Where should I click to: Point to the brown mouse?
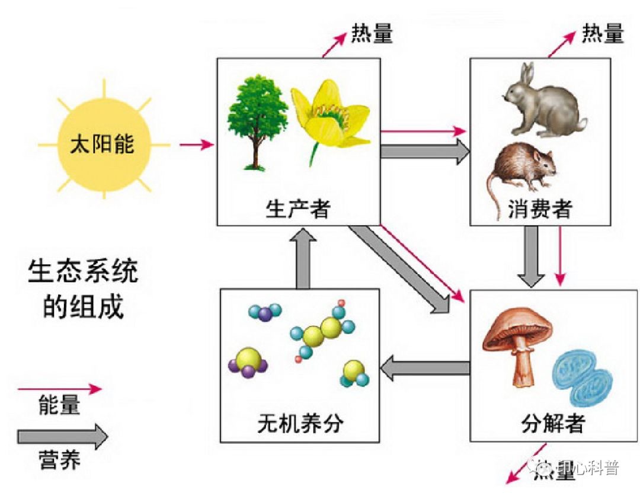pyautogui.click(x=521, y=169)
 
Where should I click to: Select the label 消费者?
pyautogui.click(x=539, y=209)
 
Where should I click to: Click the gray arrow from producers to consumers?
pyautogui.click(x=424, y=152)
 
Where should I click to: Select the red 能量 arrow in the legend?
pyautogui.click(x=59, y=389)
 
